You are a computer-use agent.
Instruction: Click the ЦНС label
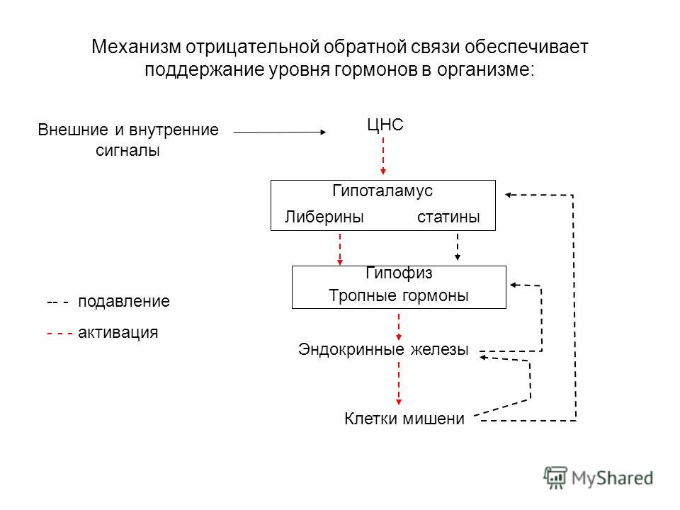pos(385,125)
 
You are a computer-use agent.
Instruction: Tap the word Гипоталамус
pos(382,191)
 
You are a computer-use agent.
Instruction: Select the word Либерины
pos(324,217)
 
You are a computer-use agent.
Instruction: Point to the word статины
pos(448,217)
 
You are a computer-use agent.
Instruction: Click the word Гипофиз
pos(399,273)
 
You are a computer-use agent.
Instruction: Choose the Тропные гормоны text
pos(399,295)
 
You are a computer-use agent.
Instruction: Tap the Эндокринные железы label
pos(383,349)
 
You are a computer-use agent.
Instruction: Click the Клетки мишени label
pos(404,419)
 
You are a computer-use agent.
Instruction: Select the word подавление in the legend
pos(124,302)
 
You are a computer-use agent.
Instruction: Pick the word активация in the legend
pos(118,333)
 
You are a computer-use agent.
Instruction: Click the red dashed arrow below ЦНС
pos(383,156)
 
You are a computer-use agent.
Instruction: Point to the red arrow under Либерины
pos(340,249)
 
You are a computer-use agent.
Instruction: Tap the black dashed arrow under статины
pos(457,247)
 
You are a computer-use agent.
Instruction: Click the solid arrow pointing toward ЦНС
pos(280,132)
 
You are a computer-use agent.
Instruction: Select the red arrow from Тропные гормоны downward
pos(399,327)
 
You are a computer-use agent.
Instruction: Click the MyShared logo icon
pos(555,478)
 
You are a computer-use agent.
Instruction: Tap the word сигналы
pos(127,150)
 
